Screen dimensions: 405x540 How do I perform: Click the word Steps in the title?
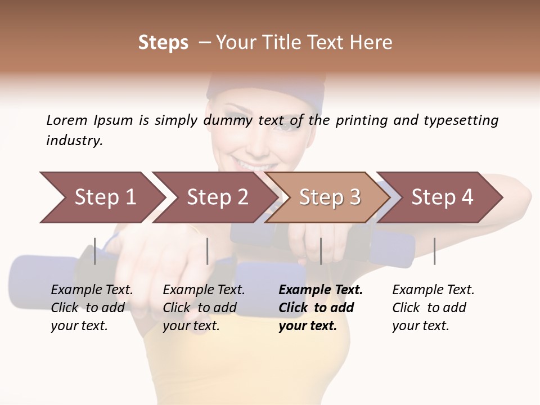pos(163,43)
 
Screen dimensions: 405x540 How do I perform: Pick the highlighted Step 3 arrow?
pos(330,197)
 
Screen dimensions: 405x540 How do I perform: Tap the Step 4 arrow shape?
pos(442,197)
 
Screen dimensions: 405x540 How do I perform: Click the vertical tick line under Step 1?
pos(95,251)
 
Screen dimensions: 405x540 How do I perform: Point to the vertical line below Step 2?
pos(208,251)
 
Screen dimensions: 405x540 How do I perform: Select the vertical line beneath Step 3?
pos(321,251)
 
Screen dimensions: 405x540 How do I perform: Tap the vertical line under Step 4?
pos(434,251)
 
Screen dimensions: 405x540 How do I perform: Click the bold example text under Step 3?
pos(320,308)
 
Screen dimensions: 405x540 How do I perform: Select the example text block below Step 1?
pos(92,308)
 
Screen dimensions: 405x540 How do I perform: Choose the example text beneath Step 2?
pos(204,308)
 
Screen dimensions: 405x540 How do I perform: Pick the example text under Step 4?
pos(433,308)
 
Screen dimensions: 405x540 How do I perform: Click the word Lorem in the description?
pos(67,120)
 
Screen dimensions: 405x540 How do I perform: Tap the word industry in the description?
pos(74,141)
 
